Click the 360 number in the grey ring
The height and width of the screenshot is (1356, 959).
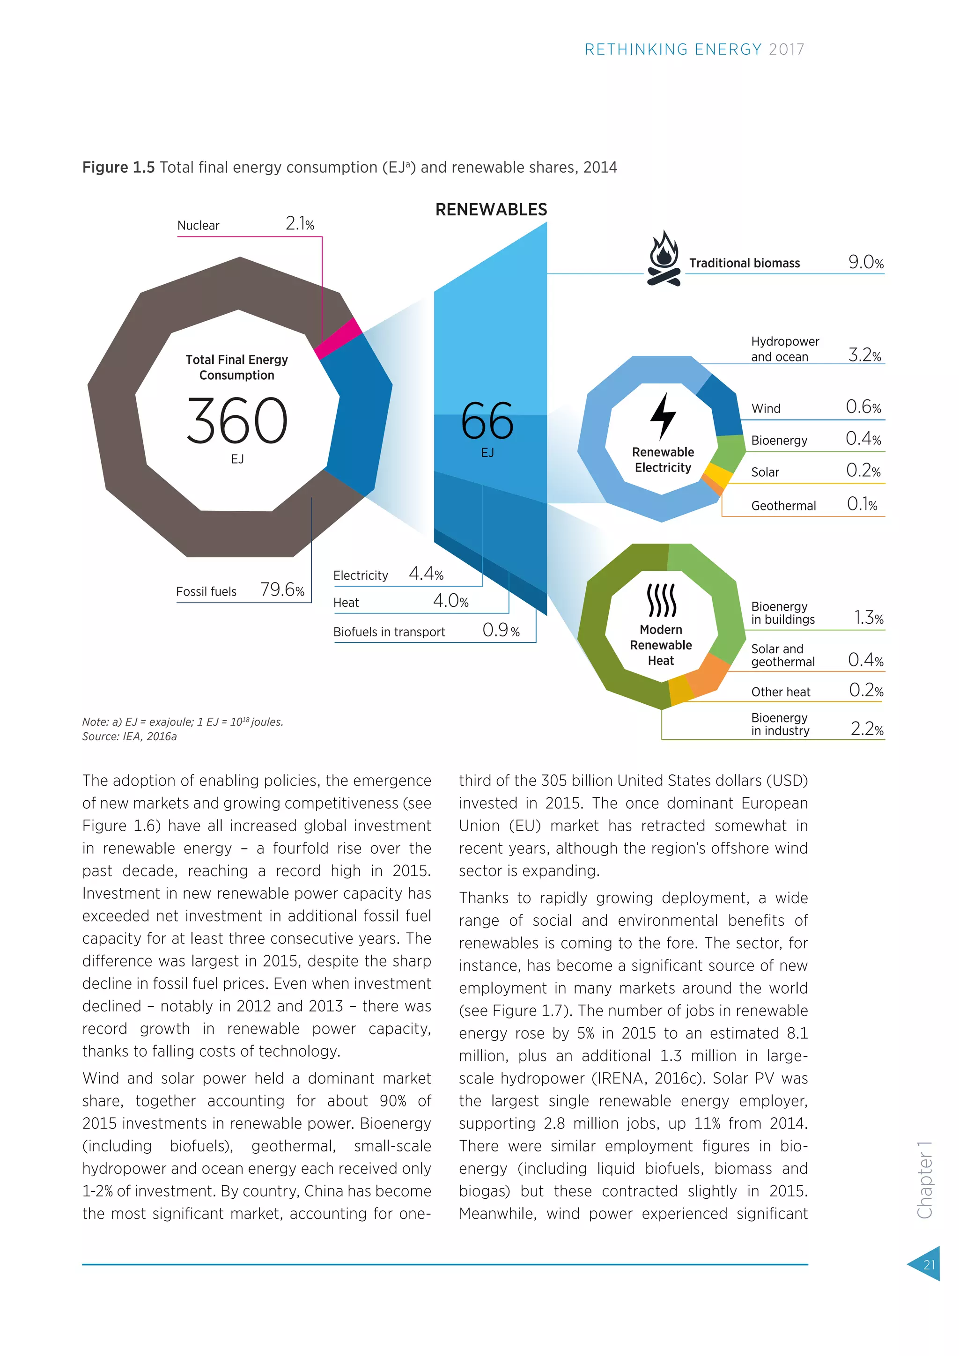click(237, 420)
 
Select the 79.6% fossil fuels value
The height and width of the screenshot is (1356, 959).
click(282, 590)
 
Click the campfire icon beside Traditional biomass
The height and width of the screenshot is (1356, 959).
click(664, 258)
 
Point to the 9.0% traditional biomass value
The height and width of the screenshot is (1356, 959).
click(866, 262)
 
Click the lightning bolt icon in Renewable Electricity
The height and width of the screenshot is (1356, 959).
click(663, 416)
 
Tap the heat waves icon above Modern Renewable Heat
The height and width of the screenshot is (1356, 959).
click(661, 600)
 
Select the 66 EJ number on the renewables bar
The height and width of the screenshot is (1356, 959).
click(487, 422)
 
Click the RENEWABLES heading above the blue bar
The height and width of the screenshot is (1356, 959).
click(491, 210)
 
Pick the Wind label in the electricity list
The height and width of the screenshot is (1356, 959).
click(766, 409)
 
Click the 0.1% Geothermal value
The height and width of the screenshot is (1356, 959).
click(862, 504)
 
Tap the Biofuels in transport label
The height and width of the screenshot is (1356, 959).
click(389, 632)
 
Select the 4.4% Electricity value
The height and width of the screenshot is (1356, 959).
click(426, 574)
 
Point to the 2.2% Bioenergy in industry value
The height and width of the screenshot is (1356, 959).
click(867, 729)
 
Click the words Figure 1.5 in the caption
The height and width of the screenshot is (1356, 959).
click(118, 168)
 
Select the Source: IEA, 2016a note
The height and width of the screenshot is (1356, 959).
click(129, 737)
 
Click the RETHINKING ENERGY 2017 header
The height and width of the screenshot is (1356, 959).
click(694, 50)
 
